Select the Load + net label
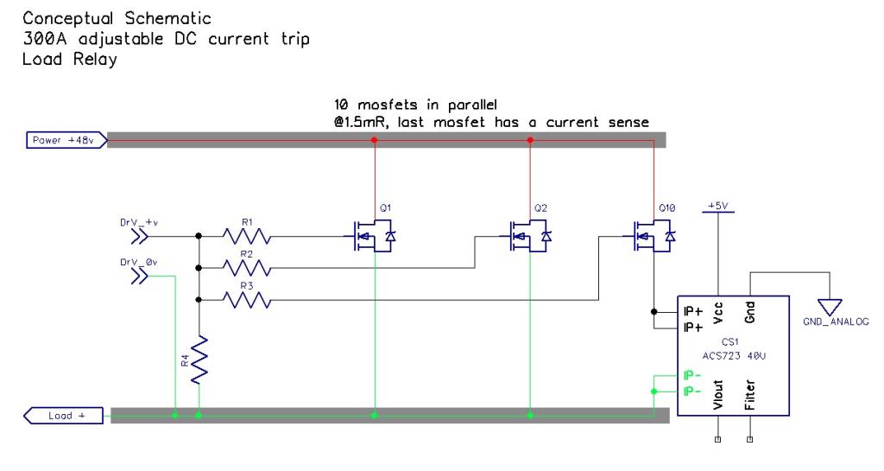tap(60, 416)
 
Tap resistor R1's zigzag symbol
tap(248, 235)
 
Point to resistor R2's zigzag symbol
tap(248, 268)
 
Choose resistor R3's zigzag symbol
tap(248, 301)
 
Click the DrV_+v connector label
tap(138, 221)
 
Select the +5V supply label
tap(718, 206)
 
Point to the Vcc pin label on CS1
tap(718, 310)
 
